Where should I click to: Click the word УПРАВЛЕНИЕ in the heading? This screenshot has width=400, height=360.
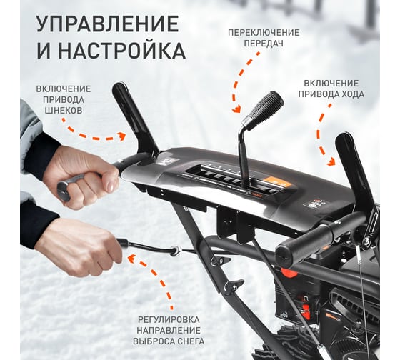pos(107,24)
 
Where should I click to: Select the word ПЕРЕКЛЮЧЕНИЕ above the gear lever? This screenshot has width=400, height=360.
pos(264,33)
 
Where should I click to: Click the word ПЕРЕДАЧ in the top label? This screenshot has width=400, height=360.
pos(264,44)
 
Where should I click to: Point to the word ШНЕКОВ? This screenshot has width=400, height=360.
pos(64,110)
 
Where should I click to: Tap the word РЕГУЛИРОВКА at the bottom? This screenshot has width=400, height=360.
pos(169,319)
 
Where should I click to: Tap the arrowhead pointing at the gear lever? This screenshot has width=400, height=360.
pos(236,109)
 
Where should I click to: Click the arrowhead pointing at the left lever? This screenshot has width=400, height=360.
pos(121,136)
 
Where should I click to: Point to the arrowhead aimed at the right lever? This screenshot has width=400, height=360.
pos(331,161)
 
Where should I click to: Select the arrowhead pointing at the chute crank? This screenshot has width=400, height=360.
pos(132,259)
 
